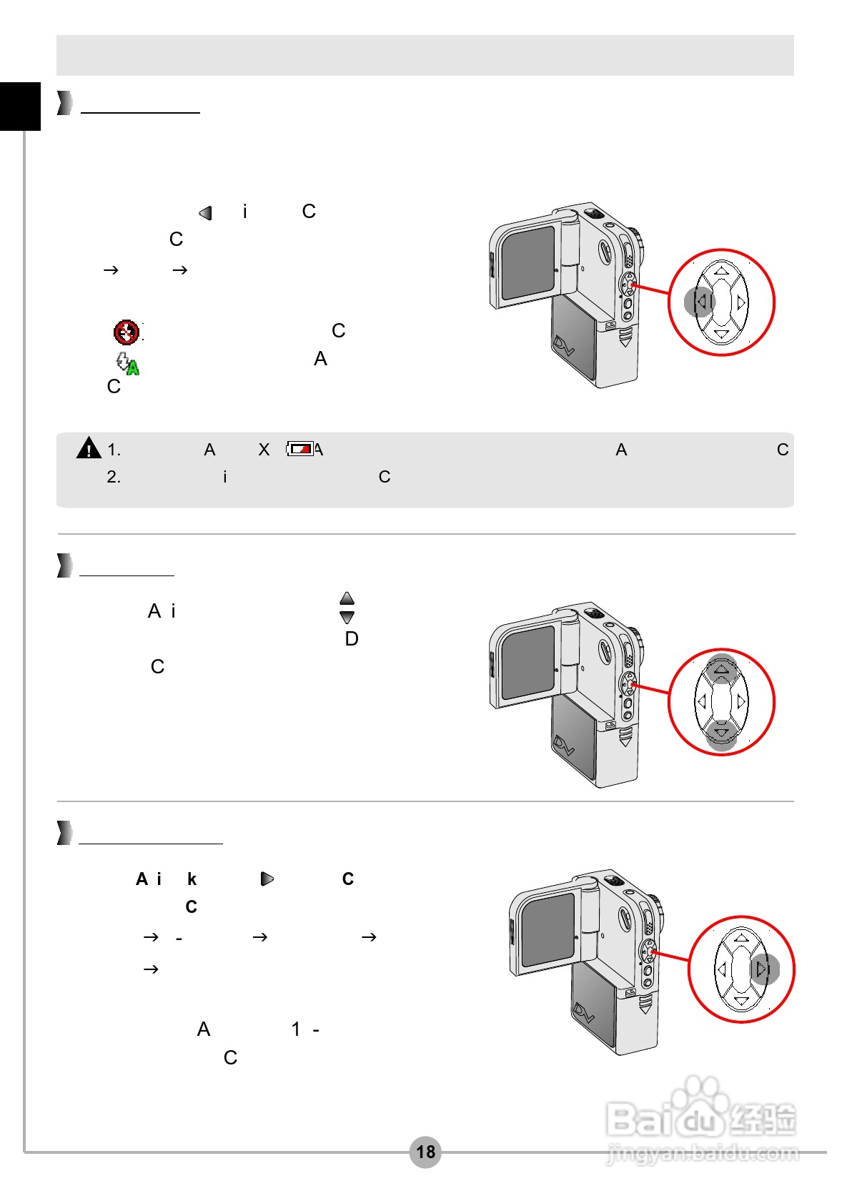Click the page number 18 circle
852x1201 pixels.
click(425, 1152)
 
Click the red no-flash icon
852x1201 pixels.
click(127, 332)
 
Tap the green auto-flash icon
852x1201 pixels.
click(128, 363)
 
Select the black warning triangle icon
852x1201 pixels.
click(89, 448)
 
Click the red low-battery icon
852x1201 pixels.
click(300, 449)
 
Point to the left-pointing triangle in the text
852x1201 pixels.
click(206, 213)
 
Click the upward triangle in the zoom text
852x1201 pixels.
click(347, 598)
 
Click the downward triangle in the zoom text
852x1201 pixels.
click(347, 617)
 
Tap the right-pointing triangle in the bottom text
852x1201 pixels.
click(267, 879)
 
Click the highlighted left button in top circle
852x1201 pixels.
click(700, 302)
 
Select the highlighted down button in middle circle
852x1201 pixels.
click(721, 734)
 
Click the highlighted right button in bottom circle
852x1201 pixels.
click(763, 969)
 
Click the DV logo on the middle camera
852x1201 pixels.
click(565, 746)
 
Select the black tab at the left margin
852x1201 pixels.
click(20, 107)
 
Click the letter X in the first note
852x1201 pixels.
click(264, 450)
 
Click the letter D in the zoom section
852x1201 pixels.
click(352, 639)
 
